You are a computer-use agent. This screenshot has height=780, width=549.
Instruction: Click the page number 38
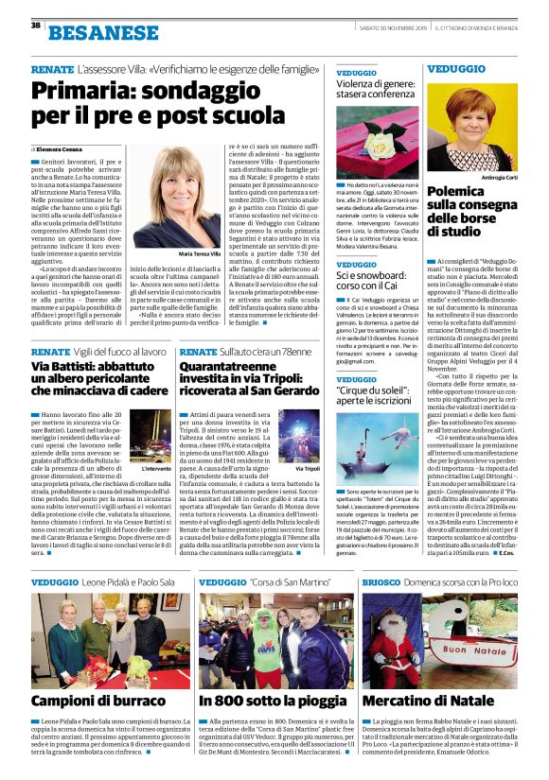click(x=35, y=26)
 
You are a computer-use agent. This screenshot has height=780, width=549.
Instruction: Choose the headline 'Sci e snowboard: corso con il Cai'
click(x=376, y=281)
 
